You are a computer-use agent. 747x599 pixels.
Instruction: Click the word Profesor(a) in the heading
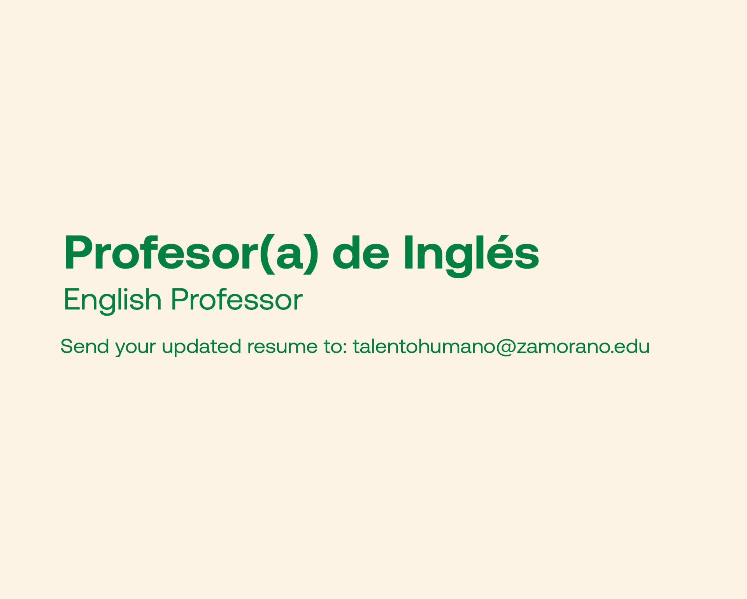[191, 254]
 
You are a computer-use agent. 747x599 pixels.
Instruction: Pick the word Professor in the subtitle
[237, 299]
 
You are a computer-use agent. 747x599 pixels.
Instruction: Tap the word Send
[85, 346]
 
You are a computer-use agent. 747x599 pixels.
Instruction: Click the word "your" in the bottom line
[135, 348]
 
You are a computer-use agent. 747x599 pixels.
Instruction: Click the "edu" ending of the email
[632, 346]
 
